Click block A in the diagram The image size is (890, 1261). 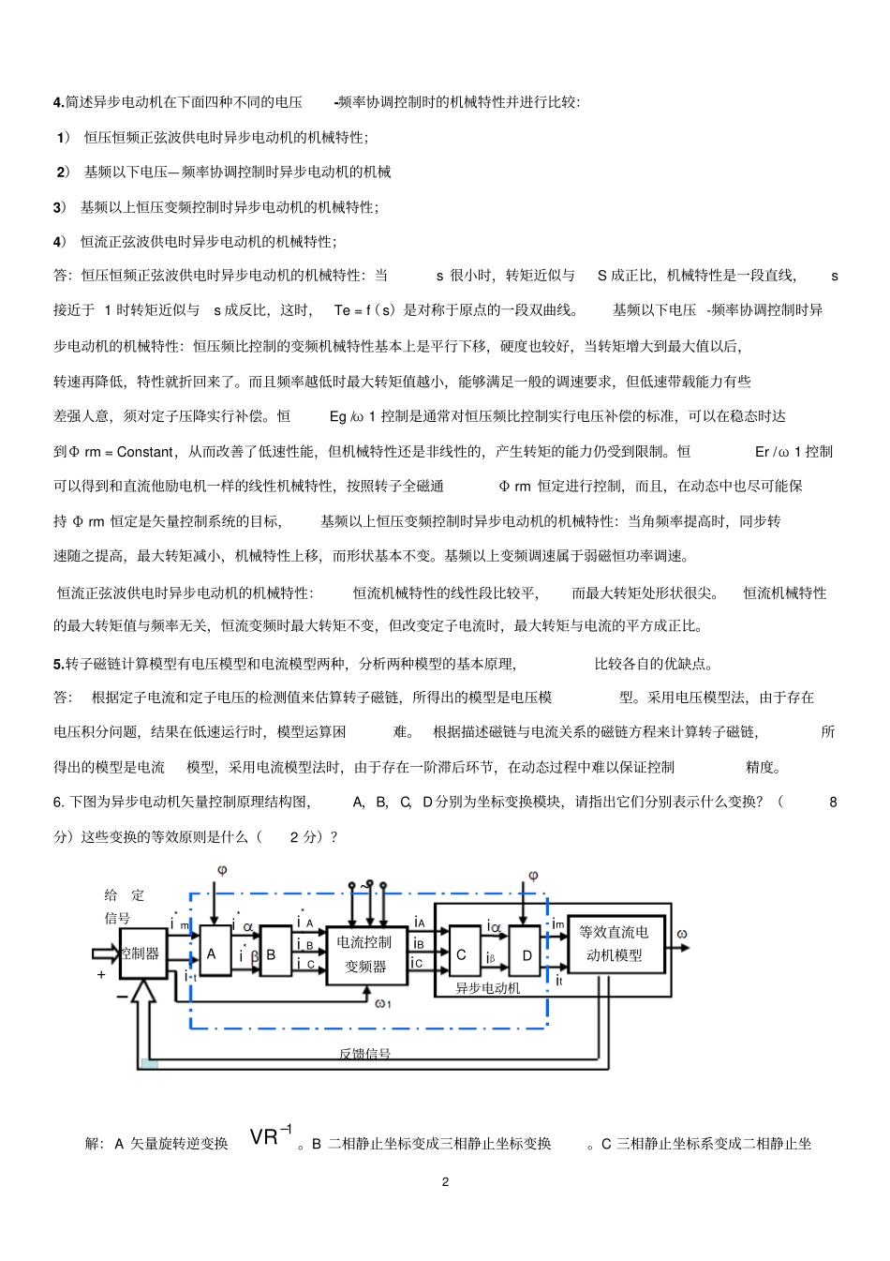[x=213, y=954]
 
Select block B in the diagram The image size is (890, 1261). [x=274, y=954]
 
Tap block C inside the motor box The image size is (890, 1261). [x=462, y=954]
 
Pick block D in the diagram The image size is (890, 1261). [x=527, y=955]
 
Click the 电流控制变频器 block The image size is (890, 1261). [x=366, y=954]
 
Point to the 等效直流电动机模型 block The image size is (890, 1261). [x=615, y=943]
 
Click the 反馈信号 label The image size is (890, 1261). [x=364, y=1053]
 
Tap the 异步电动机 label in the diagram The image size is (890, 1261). [x=487, y=988]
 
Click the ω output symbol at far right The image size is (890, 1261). [x=682, y=934]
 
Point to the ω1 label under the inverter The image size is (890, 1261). [x=383, y=1004]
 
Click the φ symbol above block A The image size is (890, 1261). [x=222, y=871]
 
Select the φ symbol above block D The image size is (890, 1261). [x=533, y=876]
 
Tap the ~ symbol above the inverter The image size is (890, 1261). [x=363, y=886]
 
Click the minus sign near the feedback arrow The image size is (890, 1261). [x=122, y=997]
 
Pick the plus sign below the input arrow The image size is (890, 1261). [x=101, y=975]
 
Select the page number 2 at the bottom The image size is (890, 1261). [x=445, y=1181]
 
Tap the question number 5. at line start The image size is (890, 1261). [x=58, y=665]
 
